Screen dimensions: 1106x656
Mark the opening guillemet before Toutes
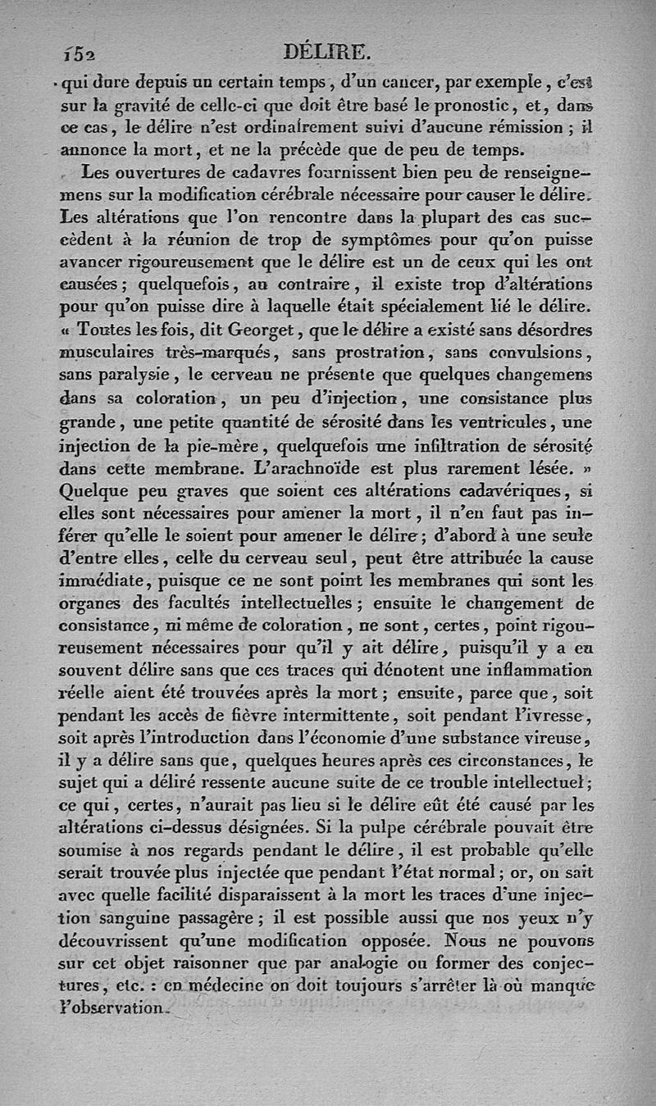[66, 330]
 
